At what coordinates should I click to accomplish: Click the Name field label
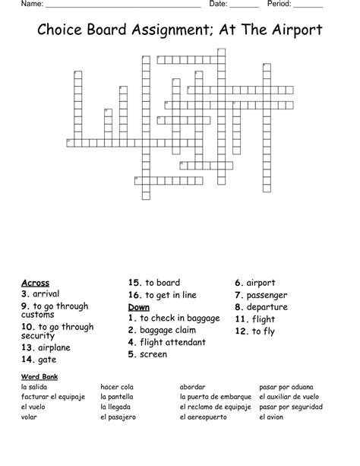tap(32, 5)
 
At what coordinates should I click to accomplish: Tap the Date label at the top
tap(219, 5)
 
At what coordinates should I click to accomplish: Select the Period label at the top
tap(280, 5)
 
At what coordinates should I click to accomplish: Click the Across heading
tap(36, 283)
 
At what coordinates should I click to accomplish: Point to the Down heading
tap(139, 307)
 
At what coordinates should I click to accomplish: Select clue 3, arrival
tap(41, 294)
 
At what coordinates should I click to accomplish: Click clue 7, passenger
tap(264, 295)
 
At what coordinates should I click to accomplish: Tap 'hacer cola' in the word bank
tap(118, 387)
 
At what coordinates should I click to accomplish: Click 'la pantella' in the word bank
tap(117, 397)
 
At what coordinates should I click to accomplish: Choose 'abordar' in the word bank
tap(193, 387)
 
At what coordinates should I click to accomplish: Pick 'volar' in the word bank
tap(30, 417)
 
